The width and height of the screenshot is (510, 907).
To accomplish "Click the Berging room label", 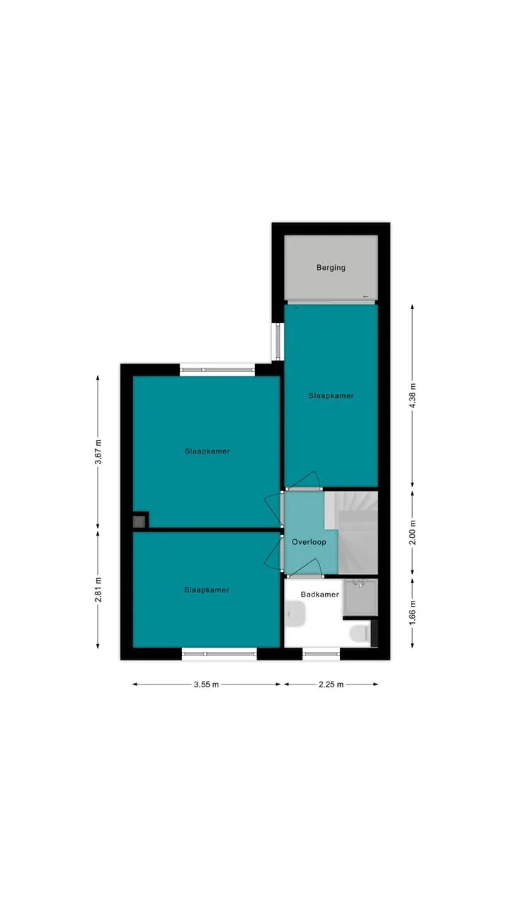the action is point(331,268).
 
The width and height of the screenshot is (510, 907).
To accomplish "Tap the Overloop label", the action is point(309,542).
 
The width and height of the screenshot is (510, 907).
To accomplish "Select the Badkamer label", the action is point(319,595).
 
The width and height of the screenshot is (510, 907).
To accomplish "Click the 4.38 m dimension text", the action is point(412,395).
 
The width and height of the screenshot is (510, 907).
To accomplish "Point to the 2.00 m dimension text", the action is point(412,531).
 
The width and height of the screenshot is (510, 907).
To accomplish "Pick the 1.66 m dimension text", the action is point(412,612).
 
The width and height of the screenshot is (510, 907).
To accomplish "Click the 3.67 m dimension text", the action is point(98,452).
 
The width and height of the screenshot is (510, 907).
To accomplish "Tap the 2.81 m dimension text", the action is point(98,590).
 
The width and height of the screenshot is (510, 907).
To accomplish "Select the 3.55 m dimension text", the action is point(206,685).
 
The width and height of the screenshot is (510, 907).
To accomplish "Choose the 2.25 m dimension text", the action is point(331,685).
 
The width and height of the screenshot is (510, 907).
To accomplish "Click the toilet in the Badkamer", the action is point(360,633).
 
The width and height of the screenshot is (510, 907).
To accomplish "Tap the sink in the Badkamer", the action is point(295,614).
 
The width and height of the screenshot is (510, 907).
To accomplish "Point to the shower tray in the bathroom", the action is point(361,597).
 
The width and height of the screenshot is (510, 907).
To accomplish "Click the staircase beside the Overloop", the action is point(352,533).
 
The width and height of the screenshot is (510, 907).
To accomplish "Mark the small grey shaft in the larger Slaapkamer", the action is point(139,522).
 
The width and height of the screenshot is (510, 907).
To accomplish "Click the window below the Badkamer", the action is point(322,653).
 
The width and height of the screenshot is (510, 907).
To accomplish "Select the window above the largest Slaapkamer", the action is point(217,370).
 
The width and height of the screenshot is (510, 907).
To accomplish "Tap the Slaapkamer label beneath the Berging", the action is point(331,395).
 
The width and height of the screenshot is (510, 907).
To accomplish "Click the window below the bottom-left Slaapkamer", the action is point(219,653).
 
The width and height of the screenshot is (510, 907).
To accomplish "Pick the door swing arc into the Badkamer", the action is point(307,565).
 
